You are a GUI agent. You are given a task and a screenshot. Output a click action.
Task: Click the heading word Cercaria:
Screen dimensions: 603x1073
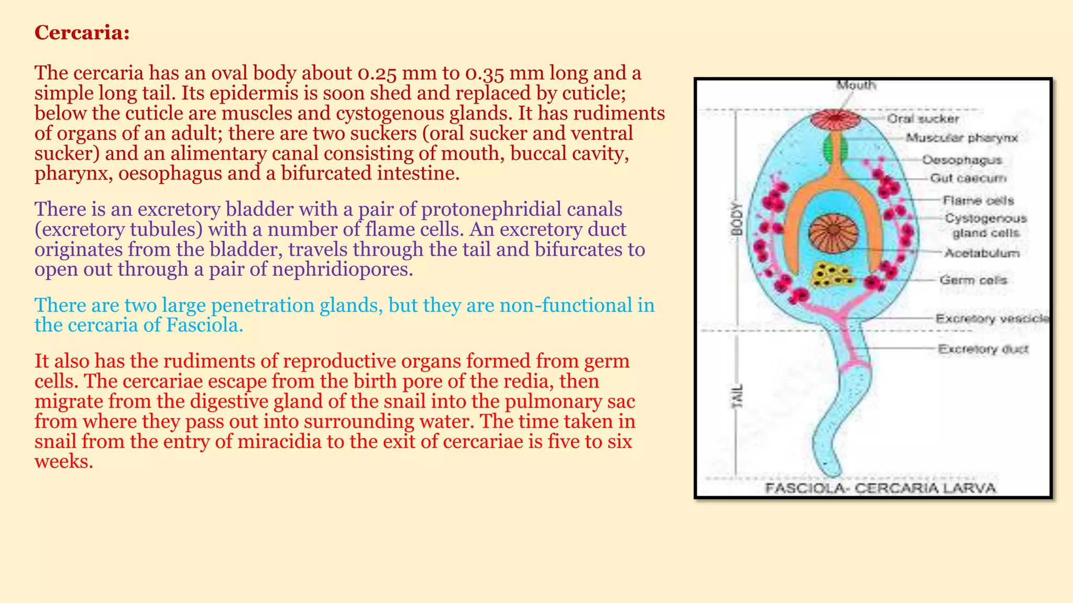pyautogui.click(x=82, y=33)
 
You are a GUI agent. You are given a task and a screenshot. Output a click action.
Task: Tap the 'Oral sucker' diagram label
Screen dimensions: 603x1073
pyautogui.click(x=923, y=119)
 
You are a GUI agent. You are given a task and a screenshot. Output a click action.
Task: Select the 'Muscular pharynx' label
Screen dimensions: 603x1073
pyautogui.click(x=961, y=138)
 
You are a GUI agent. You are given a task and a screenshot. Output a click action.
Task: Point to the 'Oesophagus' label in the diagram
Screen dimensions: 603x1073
pyautogui.click(x=962, y=160)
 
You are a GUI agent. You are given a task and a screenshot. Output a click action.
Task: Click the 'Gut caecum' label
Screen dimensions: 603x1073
pyautogui.click(x=968, y=178)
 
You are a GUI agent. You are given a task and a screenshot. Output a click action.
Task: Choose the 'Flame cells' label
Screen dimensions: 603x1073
pyautogui.click(x=978, y=200)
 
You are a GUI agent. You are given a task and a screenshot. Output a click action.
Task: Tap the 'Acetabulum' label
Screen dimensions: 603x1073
pyautogui.click(x=981, y=253)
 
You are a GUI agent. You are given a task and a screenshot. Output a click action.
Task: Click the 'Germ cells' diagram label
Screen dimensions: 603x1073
pyautogui.click(x=973, y=280)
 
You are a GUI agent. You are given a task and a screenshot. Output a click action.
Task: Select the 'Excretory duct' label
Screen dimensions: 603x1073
pyautogui.click(x=983, y=349)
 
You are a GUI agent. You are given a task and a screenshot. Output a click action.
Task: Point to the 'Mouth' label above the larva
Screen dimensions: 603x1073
pyautogui.click(x=856, y=85)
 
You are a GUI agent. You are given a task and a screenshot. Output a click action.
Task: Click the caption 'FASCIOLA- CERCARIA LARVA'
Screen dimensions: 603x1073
pyautogui.click(x=880, y=488)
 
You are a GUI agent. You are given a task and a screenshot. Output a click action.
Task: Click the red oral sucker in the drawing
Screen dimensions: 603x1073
pyautogui.click(x=836, y=119)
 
